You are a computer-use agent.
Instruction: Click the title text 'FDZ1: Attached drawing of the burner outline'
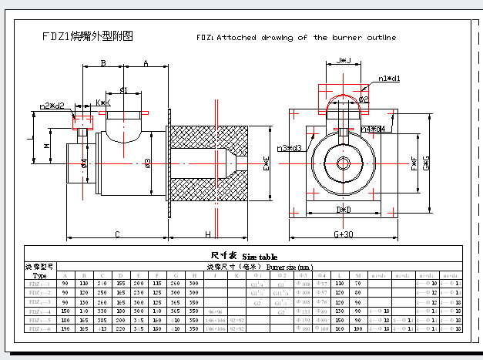point(297,37)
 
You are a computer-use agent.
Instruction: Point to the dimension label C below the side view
point(117,234)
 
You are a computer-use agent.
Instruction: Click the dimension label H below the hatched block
point(207,234)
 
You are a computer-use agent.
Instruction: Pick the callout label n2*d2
point(52,106)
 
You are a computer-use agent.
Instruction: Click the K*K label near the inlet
point(103,102)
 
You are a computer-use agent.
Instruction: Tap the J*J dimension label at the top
point(345,60)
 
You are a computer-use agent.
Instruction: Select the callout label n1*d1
point(388,79)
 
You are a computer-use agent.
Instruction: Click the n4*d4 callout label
point(373,129)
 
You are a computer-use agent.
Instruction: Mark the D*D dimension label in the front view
point(344,209)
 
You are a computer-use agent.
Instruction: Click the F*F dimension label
point(414,162)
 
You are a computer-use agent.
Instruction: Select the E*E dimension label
point(266,162)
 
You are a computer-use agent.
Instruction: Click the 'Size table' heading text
point(260,257)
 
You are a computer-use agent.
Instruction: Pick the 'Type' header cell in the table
point(40,275)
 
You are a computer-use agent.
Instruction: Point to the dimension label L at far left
point(28,139)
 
